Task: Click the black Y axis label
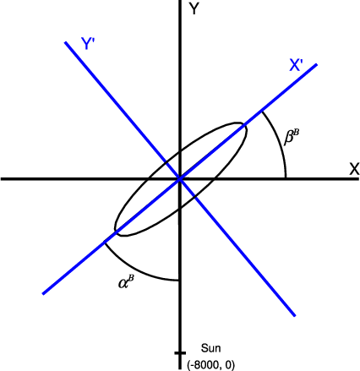(194, 9)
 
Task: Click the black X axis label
(354, 169)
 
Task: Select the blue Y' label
(87, 44)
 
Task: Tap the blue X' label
(296, 65)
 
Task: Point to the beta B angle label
(292, 137)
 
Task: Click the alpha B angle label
(126, 282)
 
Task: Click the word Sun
(210, 348)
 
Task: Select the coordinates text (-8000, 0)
(210, 365)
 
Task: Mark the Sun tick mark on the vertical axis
(180, 353)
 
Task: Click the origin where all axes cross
(180, 178)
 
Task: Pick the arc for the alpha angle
(135, 270)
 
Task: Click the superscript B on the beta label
(296, 133)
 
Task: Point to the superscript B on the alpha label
(131, 279)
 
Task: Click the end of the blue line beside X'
(317, 64)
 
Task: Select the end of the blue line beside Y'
(65, 42)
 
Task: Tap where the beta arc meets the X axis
(286, 178)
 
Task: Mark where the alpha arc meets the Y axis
(179, 281)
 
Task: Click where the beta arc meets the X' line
(262, 112)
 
